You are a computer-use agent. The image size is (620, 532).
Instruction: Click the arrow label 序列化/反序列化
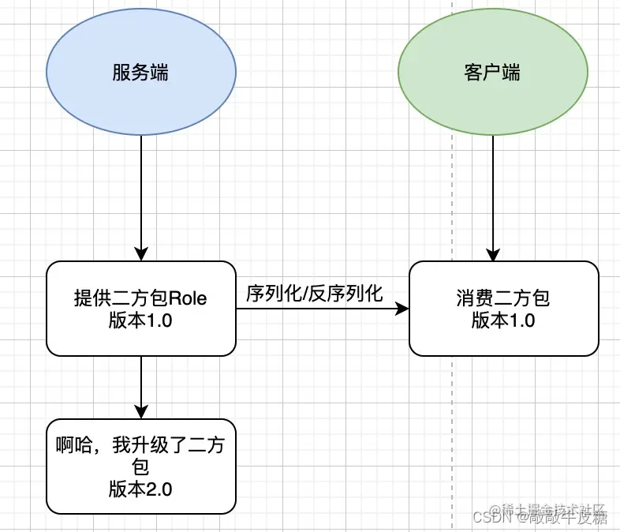pyautogui.click(x=315, y=294)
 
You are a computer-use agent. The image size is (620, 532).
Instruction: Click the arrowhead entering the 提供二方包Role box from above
pyautogui.click(x=141, y=253)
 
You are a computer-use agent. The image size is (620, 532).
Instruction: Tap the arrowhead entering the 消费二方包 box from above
pyautogui.click(x=493, y=254)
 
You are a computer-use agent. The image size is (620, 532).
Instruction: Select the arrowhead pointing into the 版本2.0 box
pyautogui.click(x=141, y=411)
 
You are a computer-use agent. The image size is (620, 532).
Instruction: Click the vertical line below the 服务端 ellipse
pyautogui.click(x=141, y=189)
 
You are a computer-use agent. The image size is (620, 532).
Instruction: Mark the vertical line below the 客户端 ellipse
pyautogui.click(x=493, y=189)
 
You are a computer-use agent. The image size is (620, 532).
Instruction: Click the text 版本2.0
pyautogui.click(x=141, y=488)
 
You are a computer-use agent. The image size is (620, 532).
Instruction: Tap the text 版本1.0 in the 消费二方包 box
pyautogui.click(x=503, y=320)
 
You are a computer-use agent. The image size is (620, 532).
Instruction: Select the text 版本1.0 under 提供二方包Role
pyautogui.click(x=141, y=320)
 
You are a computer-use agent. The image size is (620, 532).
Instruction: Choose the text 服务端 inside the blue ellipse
pyautogui.click(x=141, y=73)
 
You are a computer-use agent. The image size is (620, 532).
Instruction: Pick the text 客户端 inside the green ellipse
pyautogui.click(x=493, y=73)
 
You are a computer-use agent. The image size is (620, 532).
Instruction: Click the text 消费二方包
pyautogui.click(x=503, y=299)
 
